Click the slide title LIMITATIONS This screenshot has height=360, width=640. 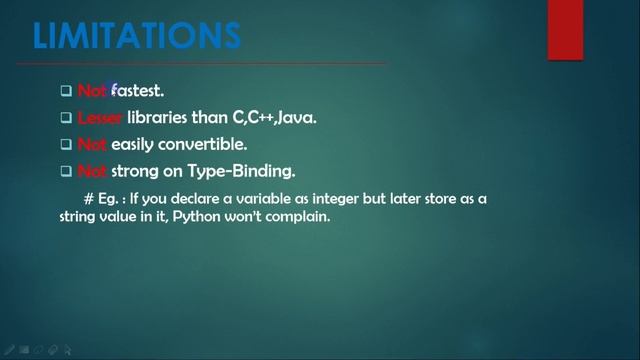pos(137,35)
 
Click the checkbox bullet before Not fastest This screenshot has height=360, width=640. pos(66,92)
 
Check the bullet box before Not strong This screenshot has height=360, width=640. pos(66,172)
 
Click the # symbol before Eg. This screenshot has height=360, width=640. pos(90,199)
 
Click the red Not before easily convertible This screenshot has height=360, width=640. pos(92,145)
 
